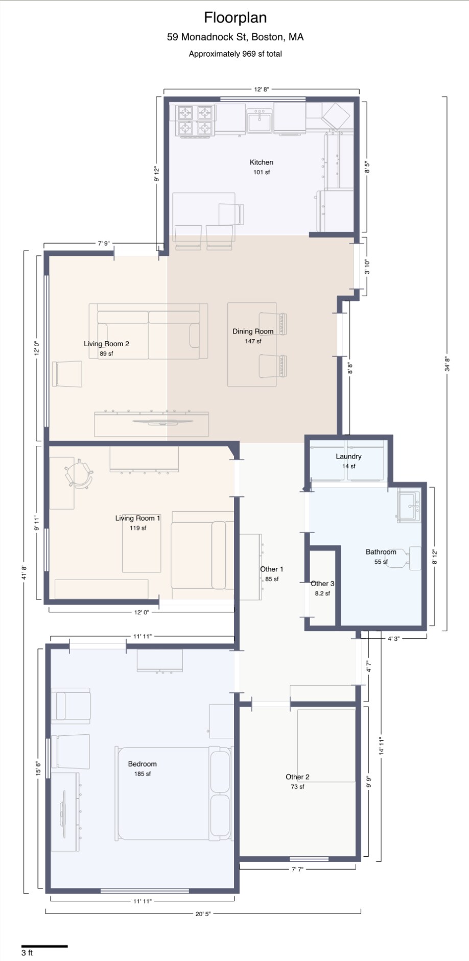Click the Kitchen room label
tap(261, 162)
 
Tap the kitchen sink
tap(260, 121)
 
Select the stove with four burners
tap(195, 121)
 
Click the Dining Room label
tap(253, 331)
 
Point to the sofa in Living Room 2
tap(148, 332)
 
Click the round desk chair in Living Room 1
tap(80, 474)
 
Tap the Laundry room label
tap(348, 457)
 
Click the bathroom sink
tap(409, 506)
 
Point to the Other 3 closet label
tap(322, 584)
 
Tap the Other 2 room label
tap(297, 777)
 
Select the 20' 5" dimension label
tap(203, 914)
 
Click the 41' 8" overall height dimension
tap(24, 572)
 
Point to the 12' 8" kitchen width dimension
tap(262, 89)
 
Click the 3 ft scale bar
tap(44, 946)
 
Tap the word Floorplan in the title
tap(235, 18)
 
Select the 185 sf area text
tap(142, 774)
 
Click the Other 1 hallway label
tap(271, 569)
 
